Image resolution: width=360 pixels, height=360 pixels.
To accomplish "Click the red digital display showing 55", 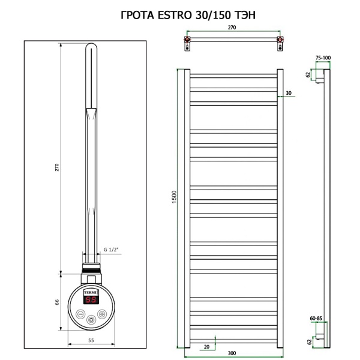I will pos(91,299).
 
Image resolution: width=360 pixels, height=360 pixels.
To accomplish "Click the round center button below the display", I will pos(91,319).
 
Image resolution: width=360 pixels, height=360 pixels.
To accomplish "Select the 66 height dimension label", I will pos(58,302).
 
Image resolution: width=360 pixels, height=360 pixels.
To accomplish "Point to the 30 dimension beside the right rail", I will pos(289,93).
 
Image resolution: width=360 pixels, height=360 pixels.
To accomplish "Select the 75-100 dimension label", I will pos(323,58).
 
